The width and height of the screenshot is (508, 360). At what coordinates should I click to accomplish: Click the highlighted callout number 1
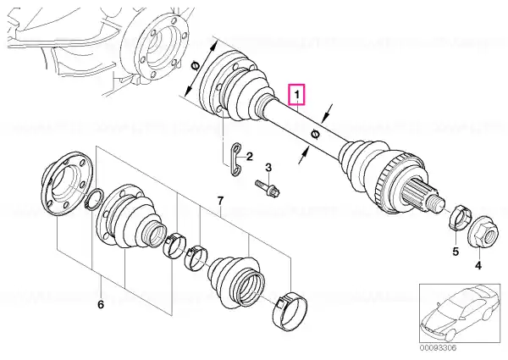297,95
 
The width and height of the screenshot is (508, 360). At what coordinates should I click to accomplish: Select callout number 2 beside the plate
249,157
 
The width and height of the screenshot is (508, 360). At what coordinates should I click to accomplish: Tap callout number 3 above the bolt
268,168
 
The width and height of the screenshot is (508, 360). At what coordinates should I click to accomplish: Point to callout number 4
478,266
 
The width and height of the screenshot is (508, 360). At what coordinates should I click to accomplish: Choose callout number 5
456,252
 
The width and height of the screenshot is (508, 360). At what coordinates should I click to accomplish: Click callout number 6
101,305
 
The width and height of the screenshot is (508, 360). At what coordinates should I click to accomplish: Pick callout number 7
220,201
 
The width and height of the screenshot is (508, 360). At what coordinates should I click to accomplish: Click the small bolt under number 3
268,189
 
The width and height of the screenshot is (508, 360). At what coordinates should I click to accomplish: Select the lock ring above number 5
457,217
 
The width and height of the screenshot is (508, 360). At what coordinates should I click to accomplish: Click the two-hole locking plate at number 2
236,159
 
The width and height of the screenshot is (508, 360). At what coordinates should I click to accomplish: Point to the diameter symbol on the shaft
315,134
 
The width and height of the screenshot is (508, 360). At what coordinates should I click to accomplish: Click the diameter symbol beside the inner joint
195,66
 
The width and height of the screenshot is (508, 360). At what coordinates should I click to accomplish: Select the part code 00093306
438,348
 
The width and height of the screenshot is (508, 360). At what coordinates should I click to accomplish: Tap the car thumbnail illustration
460,313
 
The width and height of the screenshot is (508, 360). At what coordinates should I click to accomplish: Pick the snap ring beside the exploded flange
94,200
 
